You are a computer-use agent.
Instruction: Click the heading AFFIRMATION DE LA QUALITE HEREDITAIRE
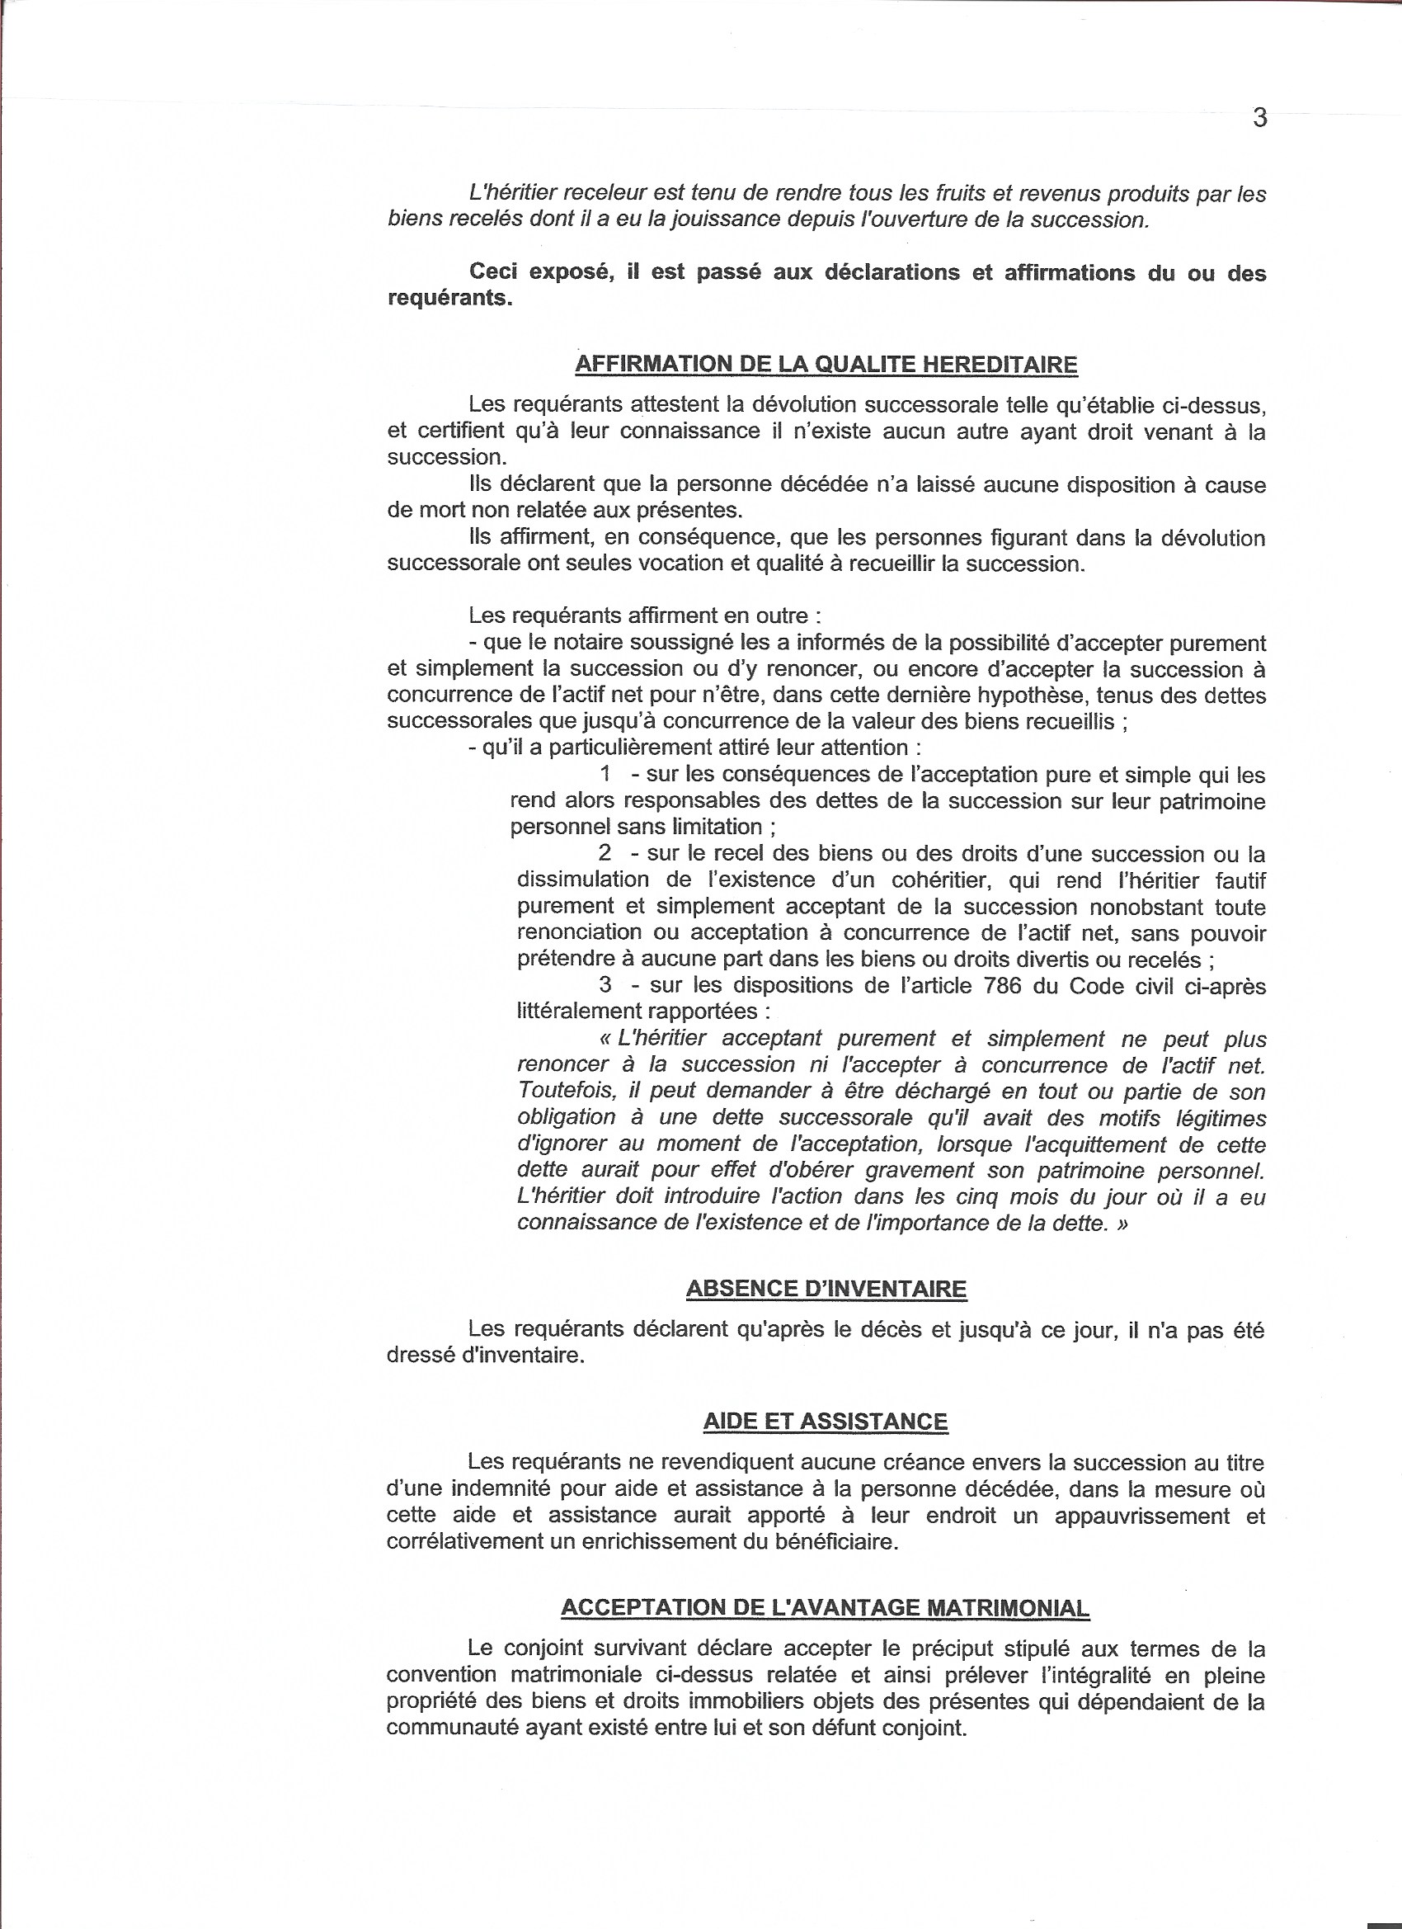pos(826,365)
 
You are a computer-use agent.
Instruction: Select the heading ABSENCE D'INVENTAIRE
pos(826,1289)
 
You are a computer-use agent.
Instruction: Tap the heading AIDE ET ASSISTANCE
pos(826,1422)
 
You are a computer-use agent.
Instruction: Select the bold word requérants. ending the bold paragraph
pos(449,301)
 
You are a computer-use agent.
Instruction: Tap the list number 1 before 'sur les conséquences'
pos(605,775)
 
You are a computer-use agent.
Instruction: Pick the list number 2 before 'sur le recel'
pos(605,854)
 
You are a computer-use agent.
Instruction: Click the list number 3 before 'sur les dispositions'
pos(605,987)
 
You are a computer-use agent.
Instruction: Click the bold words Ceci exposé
pos(534,274)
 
